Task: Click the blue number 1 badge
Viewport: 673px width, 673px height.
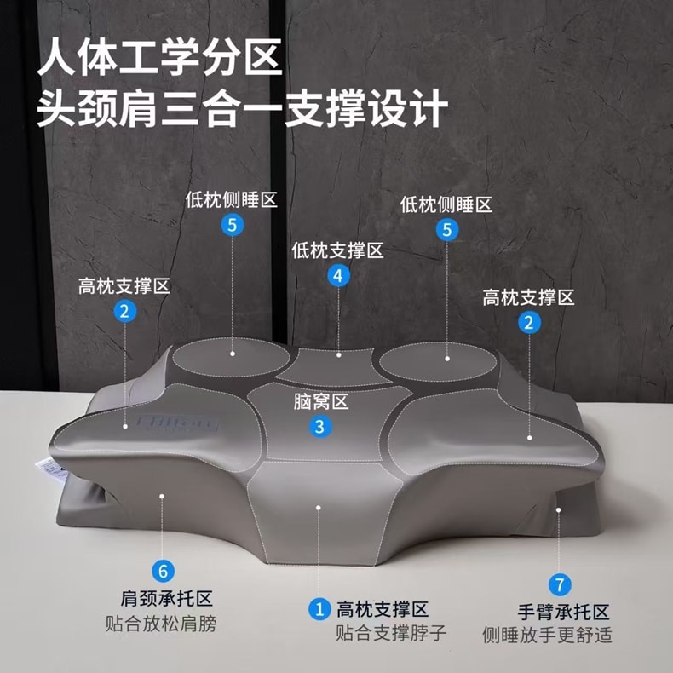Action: click(x=319, y=609)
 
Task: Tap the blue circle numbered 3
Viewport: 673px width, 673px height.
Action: click(x=319, y=427)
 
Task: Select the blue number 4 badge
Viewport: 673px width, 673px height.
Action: click(x=339, y=276)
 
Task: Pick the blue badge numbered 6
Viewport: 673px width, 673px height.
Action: click(x=163, y=572)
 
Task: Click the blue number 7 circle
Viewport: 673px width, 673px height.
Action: click(x=560, y=585)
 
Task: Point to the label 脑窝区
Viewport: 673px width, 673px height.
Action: click(x=320, y=402)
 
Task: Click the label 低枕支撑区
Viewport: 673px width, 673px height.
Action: click(x=337, y=250)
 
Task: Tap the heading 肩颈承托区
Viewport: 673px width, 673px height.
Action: click(x=166, y=598)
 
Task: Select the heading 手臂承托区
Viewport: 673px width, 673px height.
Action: click(x=564, y=612)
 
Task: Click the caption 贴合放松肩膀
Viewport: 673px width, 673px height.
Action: click(x=161, y=624)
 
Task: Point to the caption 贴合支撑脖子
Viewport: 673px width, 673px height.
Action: click(x=391, y=633)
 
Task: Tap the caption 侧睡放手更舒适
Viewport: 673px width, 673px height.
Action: click(x=547, y=635)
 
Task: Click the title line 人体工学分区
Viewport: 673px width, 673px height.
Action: click(x=159, y=57)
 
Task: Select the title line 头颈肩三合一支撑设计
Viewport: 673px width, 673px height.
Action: click(x=243, y=107)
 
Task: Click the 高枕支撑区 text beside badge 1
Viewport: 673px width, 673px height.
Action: click(x=383, y=609)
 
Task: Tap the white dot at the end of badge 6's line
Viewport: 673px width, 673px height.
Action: click(x=162, y=496)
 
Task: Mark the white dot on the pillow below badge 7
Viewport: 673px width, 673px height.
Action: click(x=559, y=510)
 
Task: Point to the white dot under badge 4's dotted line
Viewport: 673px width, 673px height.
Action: click(x=339, y=355)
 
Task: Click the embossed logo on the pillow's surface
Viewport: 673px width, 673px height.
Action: click(x=177, y=422)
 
